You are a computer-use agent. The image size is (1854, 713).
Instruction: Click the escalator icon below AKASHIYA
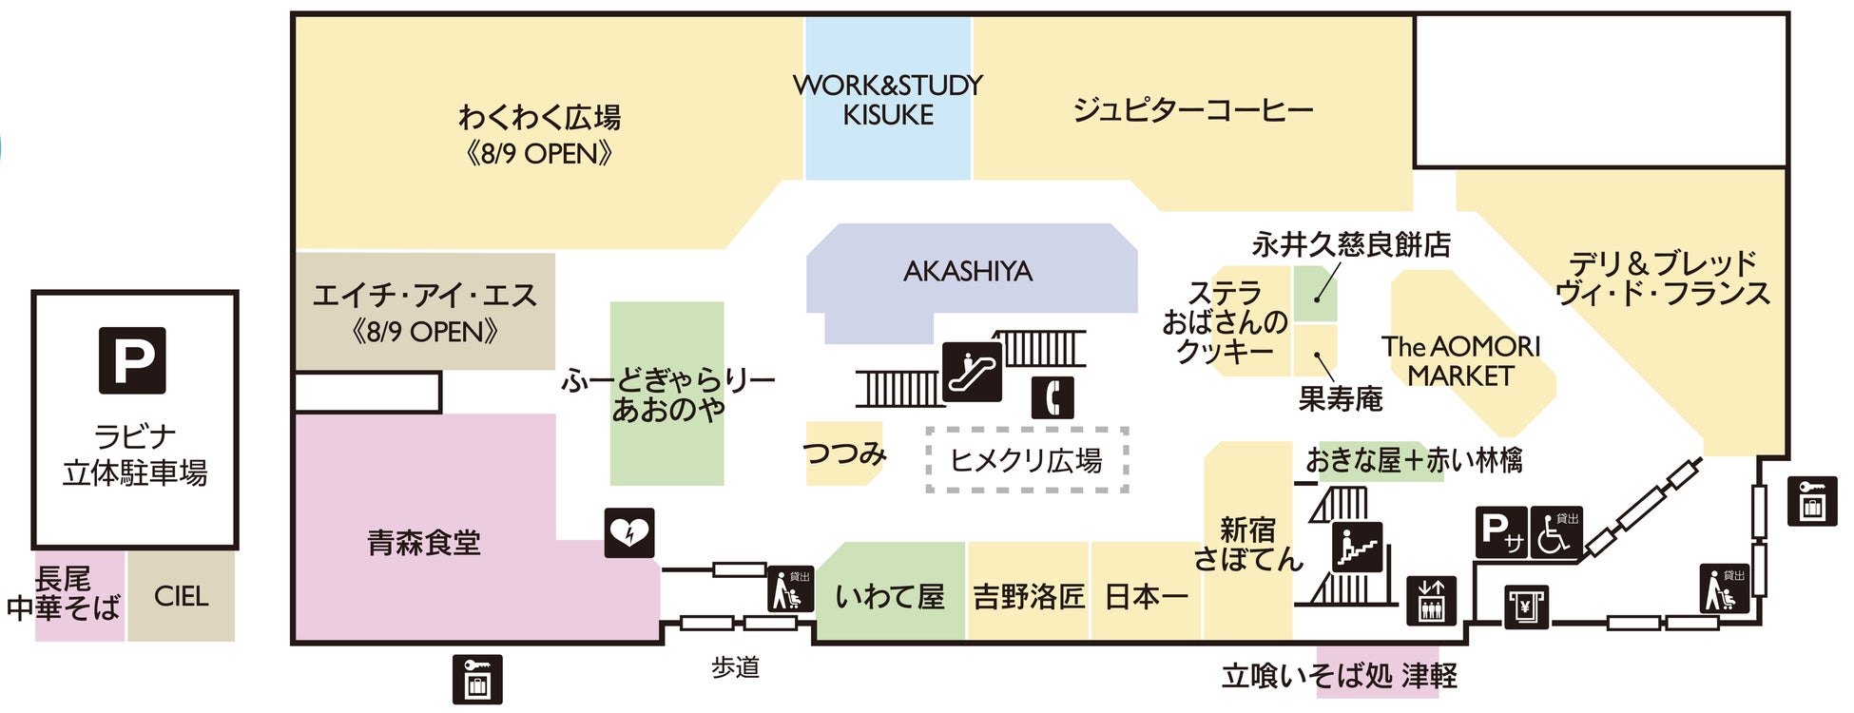[x=972, y=372]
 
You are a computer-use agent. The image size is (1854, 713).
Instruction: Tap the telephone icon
[x=1053, y=397]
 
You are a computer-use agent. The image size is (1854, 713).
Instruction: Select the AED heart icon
[x=629, y=533]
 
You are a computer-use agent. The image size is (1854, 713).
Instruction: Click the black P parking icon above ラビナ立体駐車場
[x=133, y=360]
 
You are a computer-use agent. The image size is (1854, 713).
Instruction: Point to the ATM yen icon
[x=1526, y=607]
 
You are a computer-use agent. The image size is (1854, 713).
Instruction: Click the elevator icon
[x=1431, y=601]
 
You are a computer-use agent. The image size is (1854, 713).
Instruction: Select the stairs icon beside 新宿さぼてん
[x=1357, y=548]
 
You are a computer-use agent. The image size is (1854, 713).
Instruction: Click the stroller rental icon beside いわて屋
[x=791, y=589]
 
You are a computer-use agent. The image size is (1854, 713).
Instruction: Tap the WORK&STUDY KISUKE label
[x=888, y=100]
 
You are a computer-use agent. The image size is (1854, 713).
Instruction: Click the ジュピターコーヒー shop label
[x=1192, y=110]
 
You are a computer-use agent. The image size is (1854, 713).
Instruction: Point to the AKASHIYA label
[x=968, y=272]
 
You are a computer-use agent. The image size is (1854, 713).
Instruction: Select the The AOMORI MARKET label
[x=1460, y=361]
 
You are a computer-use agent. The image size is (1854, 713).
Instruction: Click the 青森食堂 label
[x=424, y=543]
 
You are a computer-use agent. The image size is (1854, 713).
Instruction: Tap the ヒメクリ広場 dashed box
[x=1027, y=461]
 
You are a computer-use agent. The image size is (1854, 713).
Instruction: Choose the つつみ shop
[x=843, y=453]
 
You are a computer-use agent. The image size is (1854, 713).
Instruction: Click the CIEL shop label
[x=181, y=596]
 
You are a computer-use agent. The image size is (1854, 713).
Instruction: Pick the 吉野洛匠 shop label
[x=1029, y=596]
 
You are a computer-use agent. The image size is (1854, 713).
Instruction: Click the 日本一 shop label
[x=1147, y=596]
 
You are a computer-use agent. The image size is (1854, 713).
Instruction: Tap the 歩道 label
[x=736, y=667]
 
